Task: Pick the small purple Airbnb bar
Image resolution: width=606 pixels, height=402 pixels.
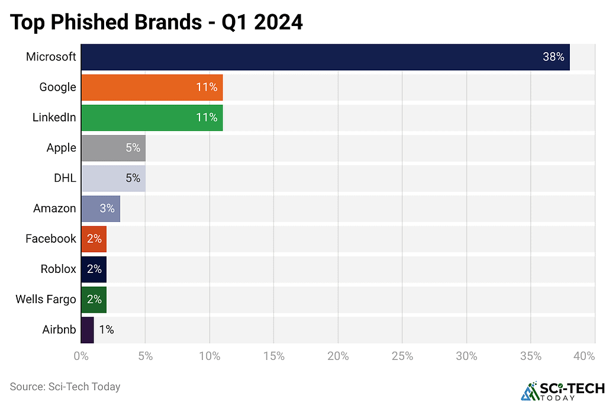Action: (87, 330)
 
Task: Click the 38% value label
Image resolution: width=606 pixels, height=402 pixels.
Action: (553, 57)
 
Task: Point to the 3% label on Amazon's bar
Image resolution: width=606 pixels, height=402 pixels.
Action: (107, 208)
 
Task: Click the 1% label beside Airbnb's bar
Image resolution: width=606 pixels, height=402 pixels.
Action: (107, 330)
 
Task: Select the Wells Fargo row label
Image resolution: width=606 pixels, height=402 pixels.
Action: (46, 299)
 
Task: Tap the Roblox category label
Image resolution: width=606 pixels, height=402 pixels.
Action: (58, 269)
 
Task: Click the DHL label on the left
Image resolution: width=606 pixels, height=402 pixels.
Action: (65, 178)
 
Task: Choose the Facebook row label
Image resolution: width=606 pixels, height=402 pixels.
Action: (51, 239)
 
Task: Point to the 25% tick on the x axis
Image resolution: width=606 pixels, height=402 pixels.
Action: (402, 356)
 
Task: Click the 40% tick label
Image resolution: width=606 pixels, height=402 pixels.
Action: (584, 356)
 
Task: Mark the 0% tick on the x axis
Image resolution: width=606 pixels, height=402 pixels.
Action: (80, 356)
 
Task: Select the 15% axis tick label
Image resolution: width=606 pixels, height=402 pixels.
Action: (273, 356)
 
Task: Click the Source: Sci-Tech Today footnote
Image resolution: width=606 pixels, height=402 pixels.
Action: (65, 387)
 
